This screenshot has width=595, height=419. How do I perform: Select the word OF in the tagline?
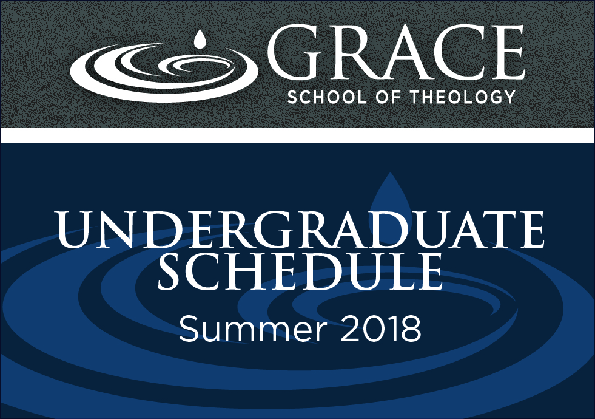point(389,97)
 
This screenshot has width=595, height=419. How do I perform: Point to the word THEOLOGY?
point(463,97)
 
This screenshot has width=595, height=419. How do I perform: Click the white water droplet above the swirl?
point(199,39)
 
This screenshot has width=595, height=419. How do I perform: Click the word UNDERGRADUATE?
point(301,230)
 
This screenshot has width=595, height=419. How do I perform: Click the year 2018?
point(380,329)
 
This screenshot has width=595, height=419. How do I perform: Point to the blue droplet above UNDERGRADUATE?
point(391,194)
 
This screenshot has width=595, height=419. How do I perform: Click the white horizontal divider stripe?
point(297,135)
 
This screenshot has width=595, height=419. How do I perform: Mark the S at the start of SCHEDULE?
point(170,271)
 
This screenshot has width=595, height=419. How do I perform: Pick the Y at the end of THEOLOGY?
point(508,97)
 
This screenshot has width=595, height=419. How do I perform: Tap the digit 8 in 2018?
point(411,329)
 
